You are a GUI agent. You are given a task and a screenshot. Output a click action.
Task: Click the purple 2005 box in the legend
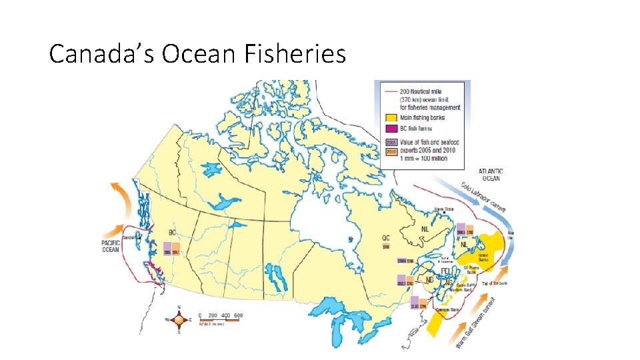pos(392,142)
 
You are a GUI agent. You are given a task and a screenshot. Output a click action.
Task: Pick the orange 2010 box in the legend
pos(392,152)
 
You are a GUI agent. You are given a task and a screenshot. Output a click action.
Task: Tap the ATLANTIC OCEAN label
pos(491,175)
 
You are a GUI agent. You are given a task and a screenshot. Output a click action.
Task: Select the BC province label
pos(172,233)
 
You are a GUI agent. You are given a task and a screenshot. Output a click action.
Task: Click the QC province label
pos(386,238)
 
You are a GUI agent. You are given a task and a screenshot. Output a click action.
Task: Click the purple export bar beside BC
pos(167,249)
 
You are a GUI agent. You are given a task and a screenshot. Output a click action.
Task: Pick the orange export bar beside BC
pos(176,249)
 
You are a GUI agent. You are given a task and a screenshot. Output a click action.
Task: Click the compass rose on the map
pos(179,320)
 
